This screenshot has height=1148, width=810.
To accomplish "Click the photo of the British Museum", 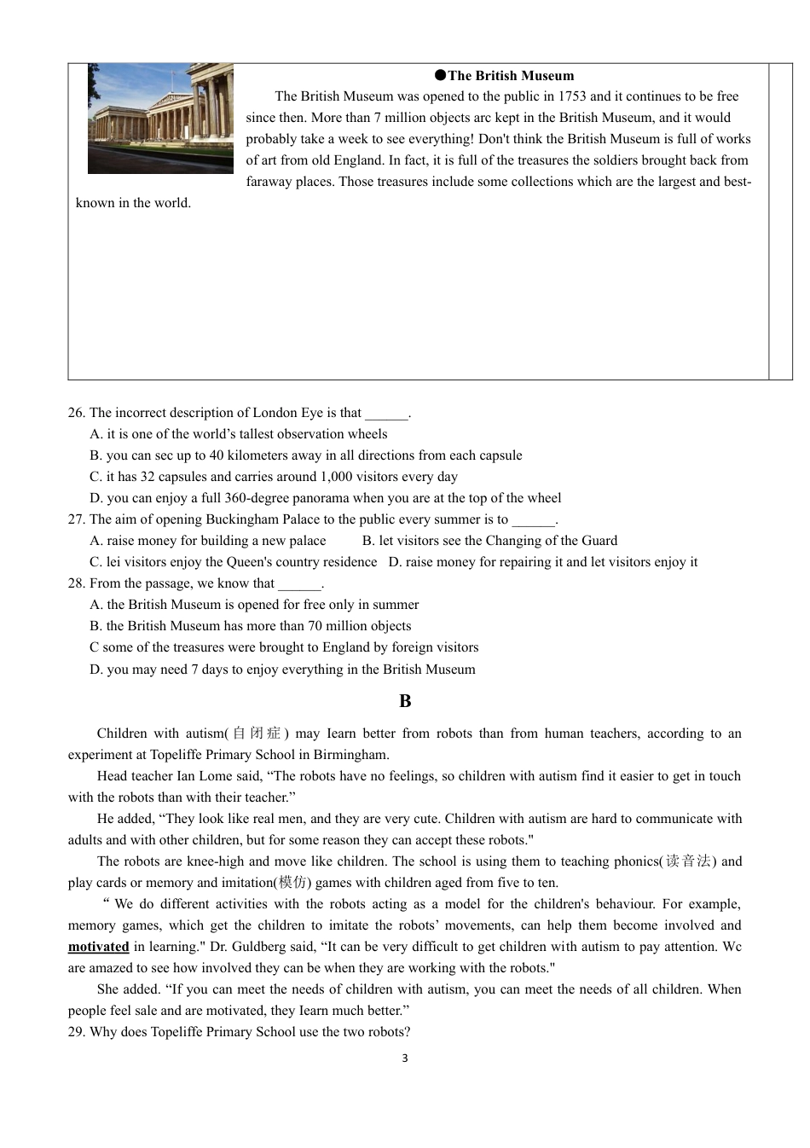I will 160,118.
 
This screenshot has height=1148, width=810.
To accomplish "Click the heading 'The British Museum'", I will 511,76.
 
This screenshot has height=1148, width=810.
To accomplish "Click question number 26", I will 76,413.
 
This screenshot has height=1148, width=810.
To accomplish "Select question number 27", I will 76,519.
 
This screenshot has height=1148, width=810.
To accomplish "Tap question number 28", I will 76,583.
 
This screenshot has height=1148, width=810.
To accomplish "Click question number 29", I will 76,1032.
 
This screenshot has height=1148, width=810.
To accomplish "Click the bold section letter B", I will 405,701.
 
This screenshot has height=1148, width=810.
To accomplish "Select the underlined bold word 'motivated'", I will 99,947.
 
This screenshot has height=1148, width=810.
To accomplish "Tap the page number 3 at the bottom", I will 405,1058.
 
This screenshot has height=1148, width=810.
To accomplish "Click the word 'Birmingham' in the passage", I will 350,755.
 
